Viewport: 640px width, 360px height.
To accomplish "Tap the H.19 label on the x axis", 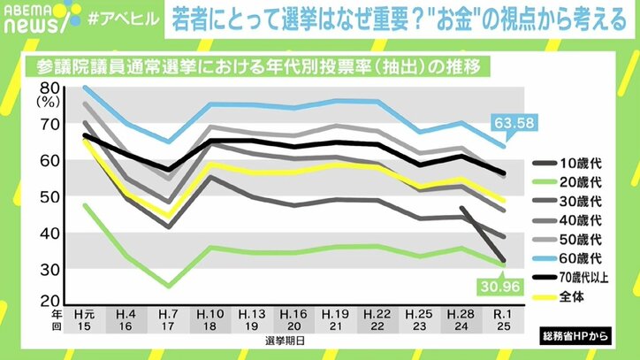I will click(x=335, y=315).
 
